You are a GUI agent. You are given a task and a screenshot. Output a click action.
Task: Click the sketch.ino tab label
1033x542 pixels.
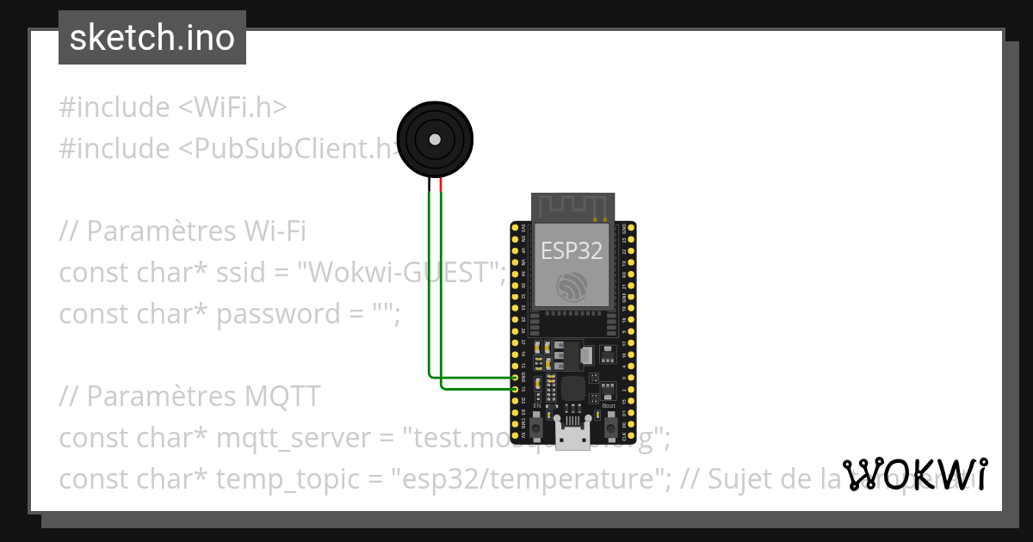click(x=152, y=38)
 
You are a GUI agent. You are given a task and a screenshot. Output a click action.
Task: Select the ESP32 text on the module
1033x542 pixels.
click(x=572, y=250)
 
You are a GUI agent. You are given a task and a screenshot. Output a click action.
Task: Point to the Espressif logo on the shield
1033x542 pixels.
click(x=572, y=287)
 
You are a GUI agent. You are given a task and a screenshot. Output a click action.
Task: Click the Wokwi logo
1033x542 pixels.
click(x=915, y=474)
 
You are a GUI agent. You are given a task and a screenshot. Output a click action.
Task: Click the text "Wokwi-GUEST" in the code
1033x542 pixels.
click(x=400, y=273)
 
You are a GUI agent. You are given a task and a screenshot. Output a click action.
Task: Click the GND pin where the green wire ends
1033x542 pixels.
click(x=515, y=378)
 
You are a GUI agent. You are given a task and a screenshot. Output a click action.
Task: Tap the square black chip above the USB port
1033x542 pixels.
click(x=572, y=389)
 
